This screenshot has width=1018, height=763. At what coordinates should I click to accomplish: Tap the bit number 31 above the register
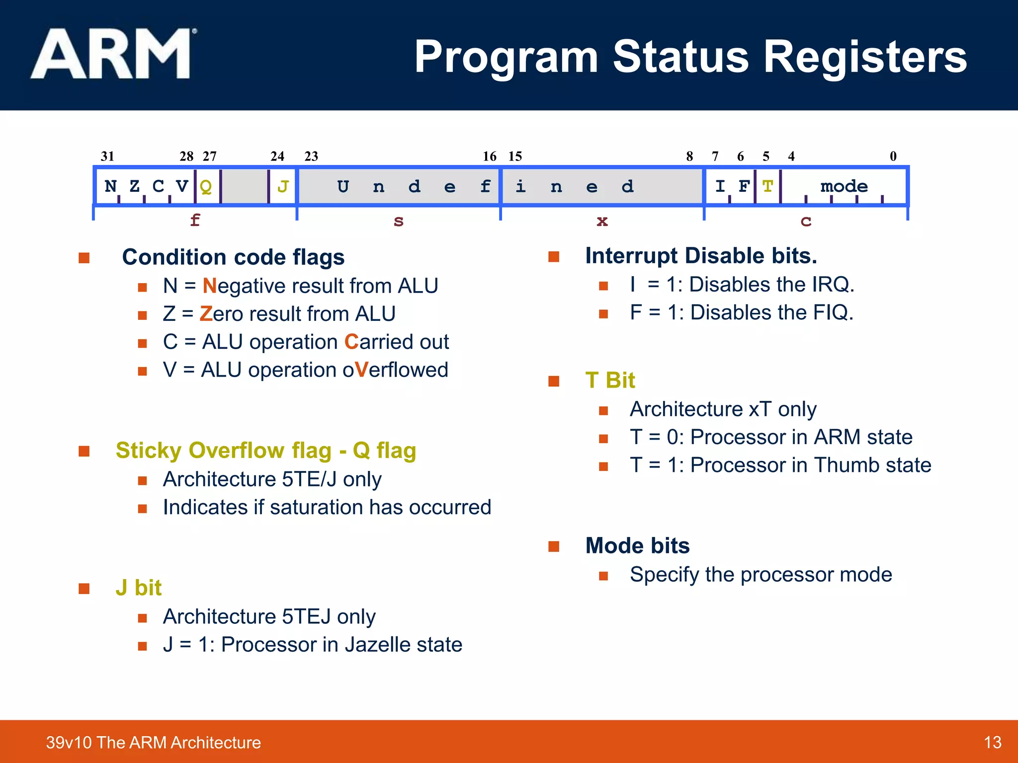coord(107,156)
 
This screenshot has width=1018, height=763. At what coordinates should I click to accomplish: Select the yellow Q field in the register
coord(206,187)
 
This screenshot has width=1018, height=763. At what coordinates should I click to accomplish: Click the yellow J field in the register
coord(283,187)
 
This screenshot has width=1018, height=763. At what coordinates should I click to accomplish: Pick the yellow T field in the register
coord(767,187)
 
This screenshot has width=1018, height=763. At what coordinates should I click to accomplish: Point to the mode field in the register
coord(844,187)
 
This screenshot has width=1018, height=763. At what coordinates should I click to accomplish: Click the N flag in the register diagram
coord(110,187)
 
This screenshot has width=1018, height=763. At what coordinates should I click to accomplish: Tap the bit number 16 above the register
coord(490,156)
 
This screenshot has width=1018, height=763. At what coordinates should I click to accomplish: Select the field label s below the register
coord(398,221)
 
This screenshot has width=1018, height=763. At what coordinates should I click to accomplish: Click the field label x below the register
coord(602,221)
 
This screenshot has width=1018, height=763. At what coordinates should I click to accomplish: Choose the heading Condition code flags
coord(233,257)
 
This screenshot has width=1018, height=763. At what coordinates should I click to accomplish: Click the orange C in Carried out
coord(351,342)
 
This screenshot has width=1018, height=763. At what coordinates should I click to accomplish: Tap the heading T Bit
coord(610,381)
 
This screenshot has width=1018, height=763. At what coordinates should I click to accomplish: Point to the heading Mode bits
coord(637,546)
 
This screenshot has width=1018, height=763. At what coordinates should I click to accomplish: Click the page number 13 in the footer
coord(992,743)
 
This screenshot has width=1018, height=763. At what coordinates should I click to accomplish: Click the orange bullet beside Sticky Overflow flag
coord(84,451)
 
